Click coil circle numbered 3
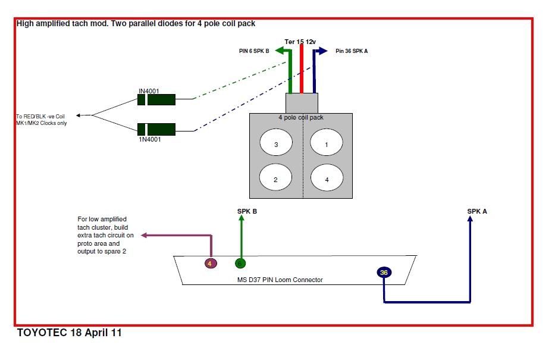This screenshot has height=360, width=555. point(276,144)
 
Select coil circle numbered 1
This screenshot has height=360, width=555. point(327,144)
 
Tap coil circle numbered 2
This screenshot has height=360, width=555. point(276,178)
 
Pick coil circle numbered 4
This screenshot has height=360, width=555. point(327,178)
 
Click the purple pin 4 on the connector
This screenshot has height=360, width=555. point(209,263)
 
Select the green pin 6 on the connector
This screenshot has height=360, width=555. point(240,263)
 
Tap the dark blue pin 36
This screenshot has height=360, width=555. point(384,272)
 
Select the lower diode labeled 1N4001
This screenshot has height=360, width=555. point(156,129)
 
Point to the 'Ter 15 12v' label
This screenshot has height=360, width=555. point(301,41)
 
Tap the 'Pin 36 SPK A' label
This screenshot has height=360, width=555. point(352,51)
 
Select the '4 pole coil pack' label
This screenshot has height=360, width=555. point(301,117)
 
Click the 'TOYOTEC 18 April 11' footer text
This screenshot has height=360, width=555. point(69,333)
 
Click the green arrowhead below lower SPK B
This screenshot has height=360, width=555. point(241,218)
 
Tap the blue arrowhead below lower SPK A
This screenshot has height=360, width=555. point(470,219)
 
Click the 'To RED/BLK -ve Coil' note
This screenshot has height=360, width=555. point(41,116)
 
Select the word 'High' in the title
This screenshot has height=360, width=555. point(26,24)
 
